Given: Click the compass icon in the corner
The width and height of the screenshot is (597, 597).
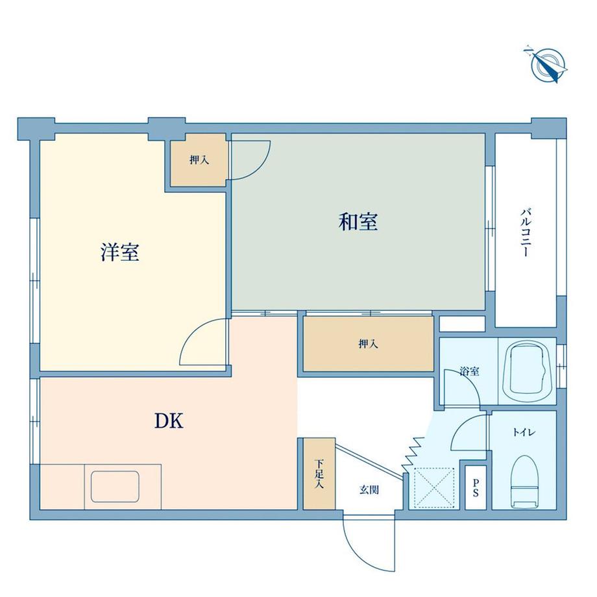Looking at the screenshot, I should click(548, 64).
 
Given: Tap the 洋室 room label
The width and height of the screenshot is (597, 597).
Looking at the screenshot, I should click(120, 252).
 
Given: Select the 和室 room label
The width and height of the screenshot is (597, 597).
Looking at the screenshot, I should click(358, 223).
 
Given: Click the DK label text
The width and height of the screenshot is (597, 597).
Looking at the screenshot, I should click(170, 422).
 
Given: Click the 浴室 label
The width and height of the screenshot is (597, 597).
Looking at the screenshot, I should click(469, 372).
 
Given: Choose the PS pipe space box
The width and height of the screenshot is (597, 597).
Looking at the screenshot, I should click(476, 487).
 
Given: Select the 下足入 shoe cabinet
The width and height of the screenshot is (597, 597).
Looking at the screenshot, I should click(319, 474).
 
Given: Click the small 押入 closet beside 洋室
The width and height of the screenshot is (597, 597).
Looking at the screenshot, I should click(199, 160).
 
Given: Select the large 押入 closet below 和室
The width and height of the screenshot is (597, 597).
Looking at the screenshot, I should click(368, 344).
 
